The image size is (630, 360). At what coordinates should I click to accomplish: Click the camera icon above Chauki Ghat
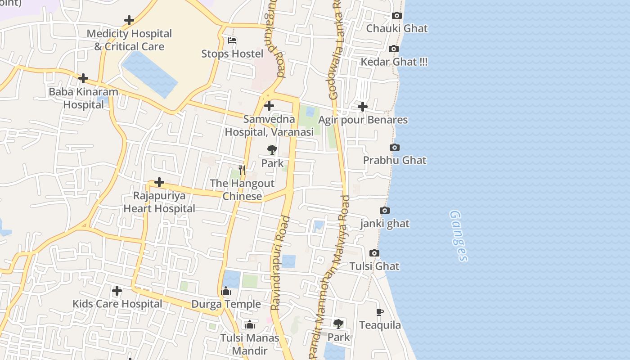[396, 16]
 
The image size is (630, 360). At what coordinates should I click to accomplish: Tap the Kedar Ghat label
[394, 62]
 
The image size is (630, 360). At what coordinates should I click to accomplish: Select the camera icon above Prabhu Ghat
[394, 148]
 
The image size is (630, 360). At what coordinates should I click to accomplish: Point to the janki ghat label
[385, 223]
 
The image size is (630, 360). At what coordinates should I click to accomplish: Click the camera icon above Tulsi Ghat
[374, 253]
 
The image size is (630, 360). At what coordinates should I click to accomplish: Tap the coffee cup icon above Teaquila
[380, 312]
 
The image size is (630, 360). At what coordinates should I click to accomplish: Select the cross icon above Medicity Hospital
[129, 20]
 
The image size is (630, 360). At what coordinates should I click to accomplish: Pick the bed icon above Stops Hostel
[232, 40]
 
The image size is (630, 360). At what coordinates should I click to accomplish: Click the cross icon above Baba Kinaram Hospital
[83, 78]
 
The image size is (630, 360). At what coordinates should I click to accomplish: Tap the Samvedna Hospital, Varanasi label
[269, 126]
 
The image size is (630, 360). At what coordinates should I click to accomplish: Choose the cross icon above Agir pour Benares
[362, 107]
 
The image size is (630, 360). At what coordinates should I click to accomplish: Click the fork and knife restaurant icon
[242, 170]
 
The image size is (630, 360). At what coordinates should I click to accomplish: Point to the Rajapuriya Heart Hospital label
[159, 202]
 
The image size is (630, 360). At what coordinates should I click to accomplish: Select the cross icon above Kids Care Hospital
[117, 291]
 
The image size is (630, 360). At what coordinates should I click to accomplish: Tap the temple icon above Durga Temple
[226, 291]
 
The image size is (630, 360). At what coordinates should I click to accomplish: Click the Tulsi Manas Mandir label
[250, 344]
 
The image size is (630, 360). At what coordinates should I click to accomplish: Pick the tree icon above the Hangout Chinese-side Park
[272, 150]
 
